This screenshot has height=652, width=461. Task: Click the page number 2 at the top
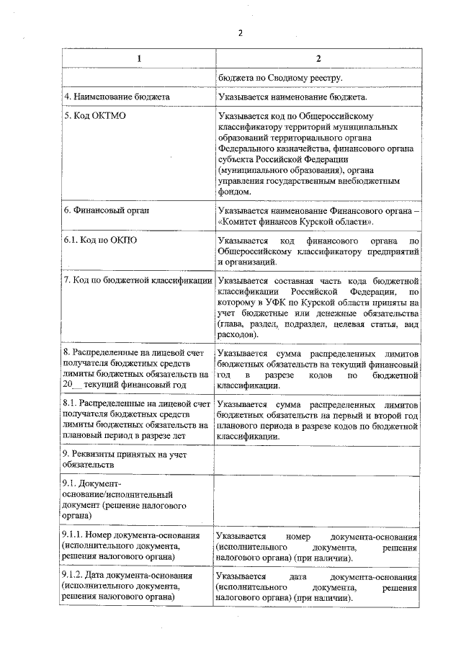coord(241,32)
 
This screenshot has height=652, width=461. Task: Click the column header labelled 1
coord(138,58)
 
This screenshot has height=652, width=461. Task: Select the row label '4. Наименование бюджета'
coord(108,97)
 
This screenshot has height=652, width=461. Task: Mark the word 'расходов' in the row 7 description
coord(236,335)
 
